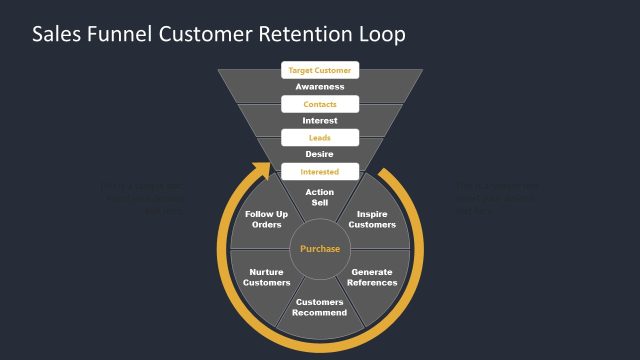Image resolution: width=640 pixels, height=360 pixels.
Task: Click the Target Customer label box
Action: [319, 71]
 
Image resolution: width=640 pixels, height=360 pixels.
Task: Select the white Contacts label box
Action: [319, 104]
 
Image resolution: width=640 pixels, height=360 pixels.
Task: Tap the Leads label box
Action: [319, 137]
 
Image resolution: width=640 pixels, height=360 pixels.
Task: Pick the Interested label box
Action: [319, 171]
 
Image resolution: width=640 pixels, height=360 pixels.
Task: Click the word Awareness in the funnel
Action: [319, 87]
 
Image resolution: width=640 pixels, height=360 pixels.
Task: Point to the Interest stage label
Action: [319, 121]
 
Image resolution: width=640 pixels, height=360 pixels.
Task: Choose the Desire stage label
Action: [319, 154]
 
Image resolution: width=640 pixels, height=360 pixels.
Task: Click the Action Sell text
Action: [319, 197]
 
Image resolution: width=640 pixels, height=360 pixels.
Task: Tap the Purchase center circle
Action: [320, 248]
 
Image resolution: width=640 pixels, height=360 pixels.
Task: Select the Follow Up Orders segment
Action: [267, 219]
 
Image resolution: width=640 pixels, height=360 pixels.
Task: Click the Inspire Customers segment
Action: [372, 219]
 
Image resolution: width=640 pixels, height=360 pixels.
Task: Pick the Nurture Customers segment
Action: [267, 277]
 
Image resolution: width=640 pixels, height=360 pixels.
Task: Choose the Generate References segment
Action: [372, 277]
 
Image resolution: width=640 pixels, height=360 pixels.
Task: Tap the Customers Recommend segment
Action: [319, 307]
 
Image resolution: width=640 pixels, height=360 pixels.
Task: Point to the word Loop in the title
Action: [381, 36]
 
